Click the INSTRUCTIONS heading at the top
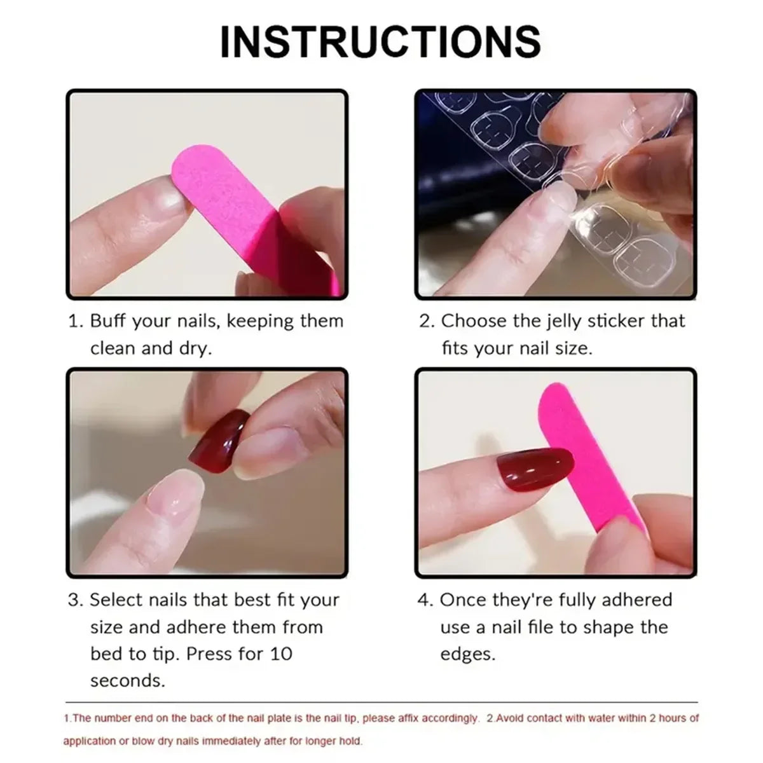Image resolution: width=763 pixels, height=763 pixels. click(x=380, y=41)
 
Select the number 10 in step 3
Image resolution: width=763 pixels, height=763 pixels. click(x=279, y=654)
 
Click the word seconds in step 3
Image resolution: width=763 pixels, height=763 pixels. click(x=127, y=680)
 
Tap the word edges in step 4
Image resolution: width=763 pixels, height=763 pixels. click(x=467, y=654)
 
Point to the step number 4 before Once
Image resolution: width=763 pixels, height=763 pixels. click(x=424, y=600)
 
